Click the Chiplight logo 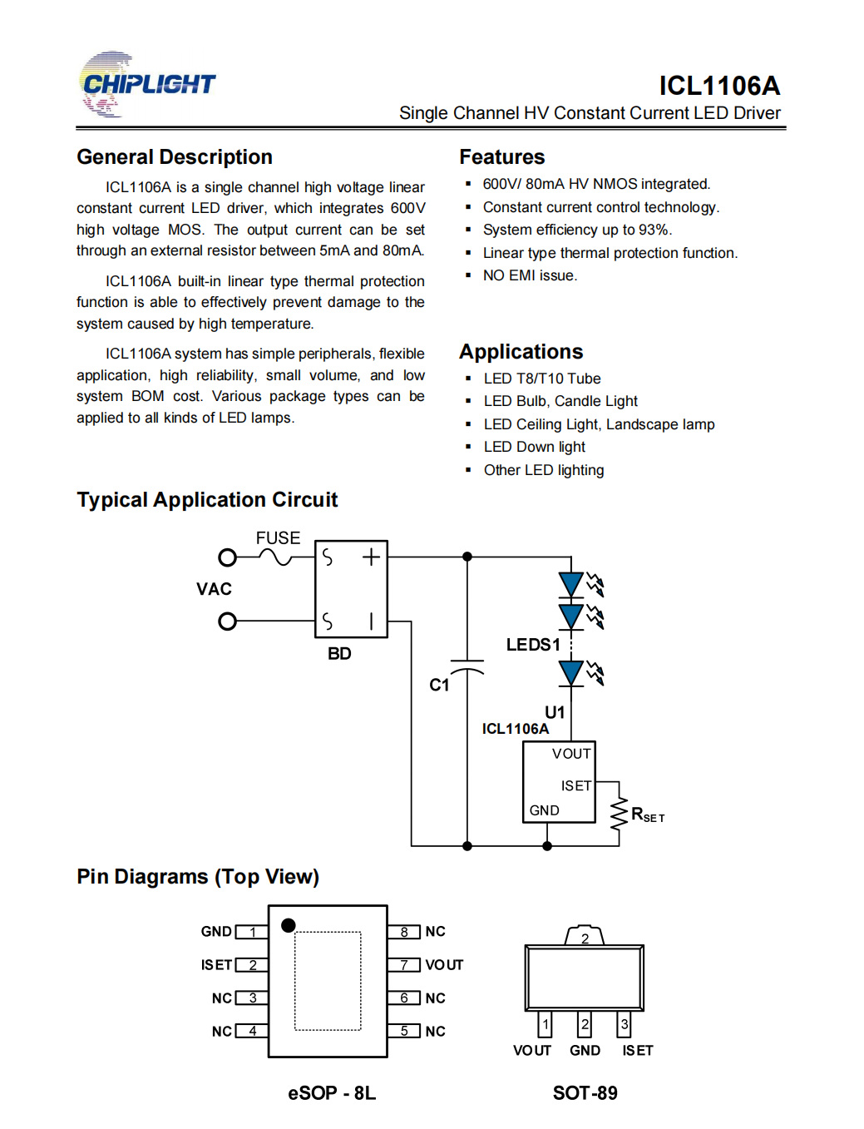(146, 84)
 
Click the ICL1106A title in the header (719, 86)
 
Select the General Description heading (175, 157)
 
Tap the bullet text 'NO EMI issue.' (530, 275)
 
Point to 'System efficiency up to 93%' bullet (577, 230)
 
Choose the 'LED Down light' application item (535, 447)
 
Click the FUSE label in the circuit (278, 537)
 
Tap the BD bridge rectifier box (351, 589)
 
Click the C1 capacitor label (439, 686)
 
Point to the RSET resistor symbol (619, 815)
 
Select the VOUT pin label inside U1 (571, 754)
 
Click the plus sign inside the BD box (371, 557)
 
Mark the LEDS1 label (533, 645)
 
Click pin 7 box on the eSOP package (404, 965)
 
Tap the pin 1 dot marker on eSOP (289, 925)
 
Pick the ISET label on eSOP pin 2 (216, 965)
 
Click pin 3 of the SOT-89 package (625, 1024)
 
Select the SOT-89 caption (585, 1093)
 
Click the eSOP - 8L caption (332, 1093)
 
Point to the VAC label (214, 589)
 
